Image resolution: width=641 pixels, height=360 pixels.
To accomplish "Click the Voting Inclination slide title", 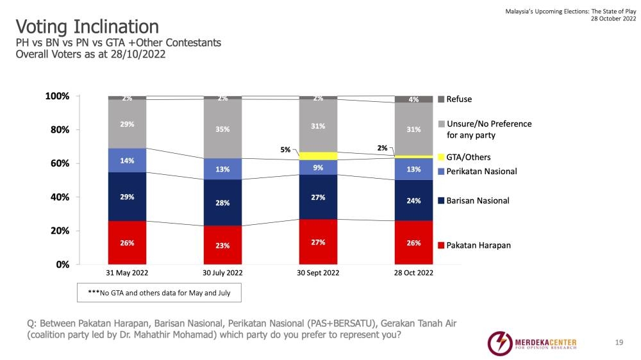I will point(87,27).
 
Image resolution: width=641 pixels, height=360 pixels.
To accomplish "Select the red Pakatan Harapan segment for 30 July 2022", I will point(222,245).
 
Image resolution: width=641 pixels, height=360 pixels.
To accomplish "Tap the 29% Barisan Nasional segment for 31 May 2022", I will point(127,197).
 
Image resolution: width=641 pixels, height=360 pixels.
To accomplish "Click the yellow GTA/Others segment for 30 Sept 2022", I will point(318,156).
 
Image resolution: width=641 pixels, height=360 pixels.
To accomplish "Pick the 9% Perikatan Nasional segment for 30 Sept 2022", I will point(318,167).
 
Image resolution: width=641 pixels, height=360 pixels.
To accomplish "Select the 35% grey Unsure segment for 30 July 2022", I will point(222,129).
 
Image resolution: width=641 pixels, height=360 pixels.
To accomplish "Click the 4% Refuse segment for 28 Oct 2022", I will point(413,99).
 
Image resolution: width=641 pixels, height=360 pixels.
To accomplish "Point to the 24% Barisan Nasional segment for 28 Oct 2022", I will point(413,200).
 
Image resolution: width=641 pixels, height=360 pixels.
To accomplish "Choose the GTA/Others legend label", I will point(469,157).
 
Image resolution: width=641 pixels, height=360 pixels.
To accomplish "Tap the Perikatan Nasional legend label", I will point(481,171).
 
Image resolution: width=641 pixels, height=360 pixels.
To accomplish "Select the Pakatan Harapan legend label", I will point(478,245).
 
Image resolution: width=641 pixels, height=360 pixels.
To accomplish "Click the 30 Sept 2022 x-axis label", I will point(318,273).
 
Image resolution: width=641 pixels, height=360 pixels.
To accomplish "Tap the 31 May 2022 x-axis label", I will point(127,273).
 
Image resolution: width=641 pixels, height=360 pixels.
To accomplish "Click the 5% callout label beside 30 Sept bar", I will point(285,151).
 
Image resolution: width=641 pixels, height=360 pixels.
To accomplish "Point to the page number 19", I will point(619,343).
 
